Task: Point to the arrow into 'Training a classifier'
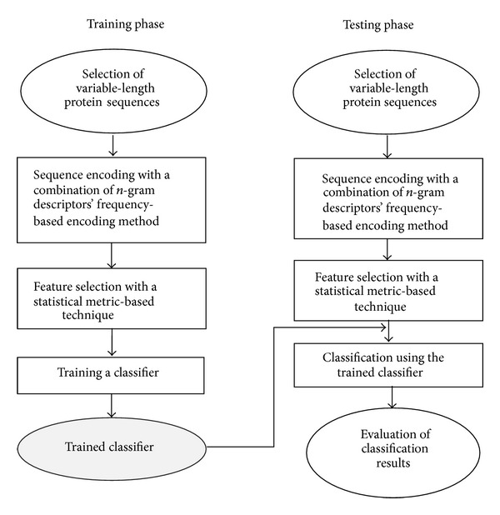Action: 112,342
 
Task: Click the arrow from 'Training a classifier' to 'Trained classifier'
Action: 112,404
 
